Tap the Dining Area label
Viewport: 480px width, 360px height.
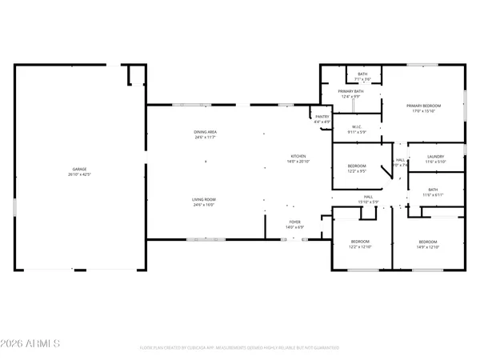click(205, 132)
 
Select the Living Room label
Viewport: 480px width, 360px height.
click(205, 200)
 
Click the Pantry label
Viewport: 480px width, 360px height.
click(322, 117)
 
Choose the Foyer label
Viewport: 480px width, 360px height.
click(295, 222)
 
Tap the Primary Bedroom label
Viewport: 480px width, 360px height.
click(424, 106)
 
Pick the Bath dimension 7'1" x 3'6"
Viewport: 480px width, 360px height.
click(363, 79)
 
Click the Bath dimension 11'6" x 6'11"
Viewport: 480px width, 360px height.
click(432, 194)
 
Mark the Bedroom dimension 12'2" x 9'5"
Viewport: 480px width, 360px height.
click(356, 171)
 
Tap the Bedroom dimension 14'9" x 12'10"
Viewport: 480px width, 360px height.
click(428, 246)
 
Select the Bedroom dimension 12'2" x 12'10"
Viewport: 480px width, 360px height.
click(360, 246)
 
